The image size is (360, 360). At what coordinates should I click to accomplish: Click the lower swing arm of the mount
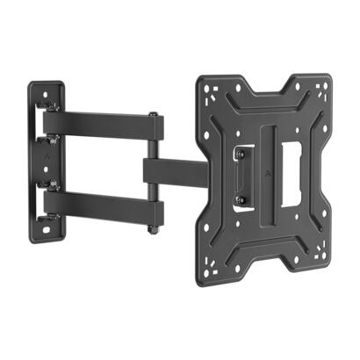[x=105, y=208]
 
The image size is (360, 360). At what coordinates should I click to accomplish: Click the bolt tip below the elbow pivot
[x=155, y=230]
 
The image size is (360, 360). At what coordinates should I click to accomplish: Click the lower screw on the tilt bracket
[x=239, y=199]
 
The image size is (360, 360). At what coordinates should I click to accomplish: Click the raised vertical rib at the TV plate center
[x=263, y=167]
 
